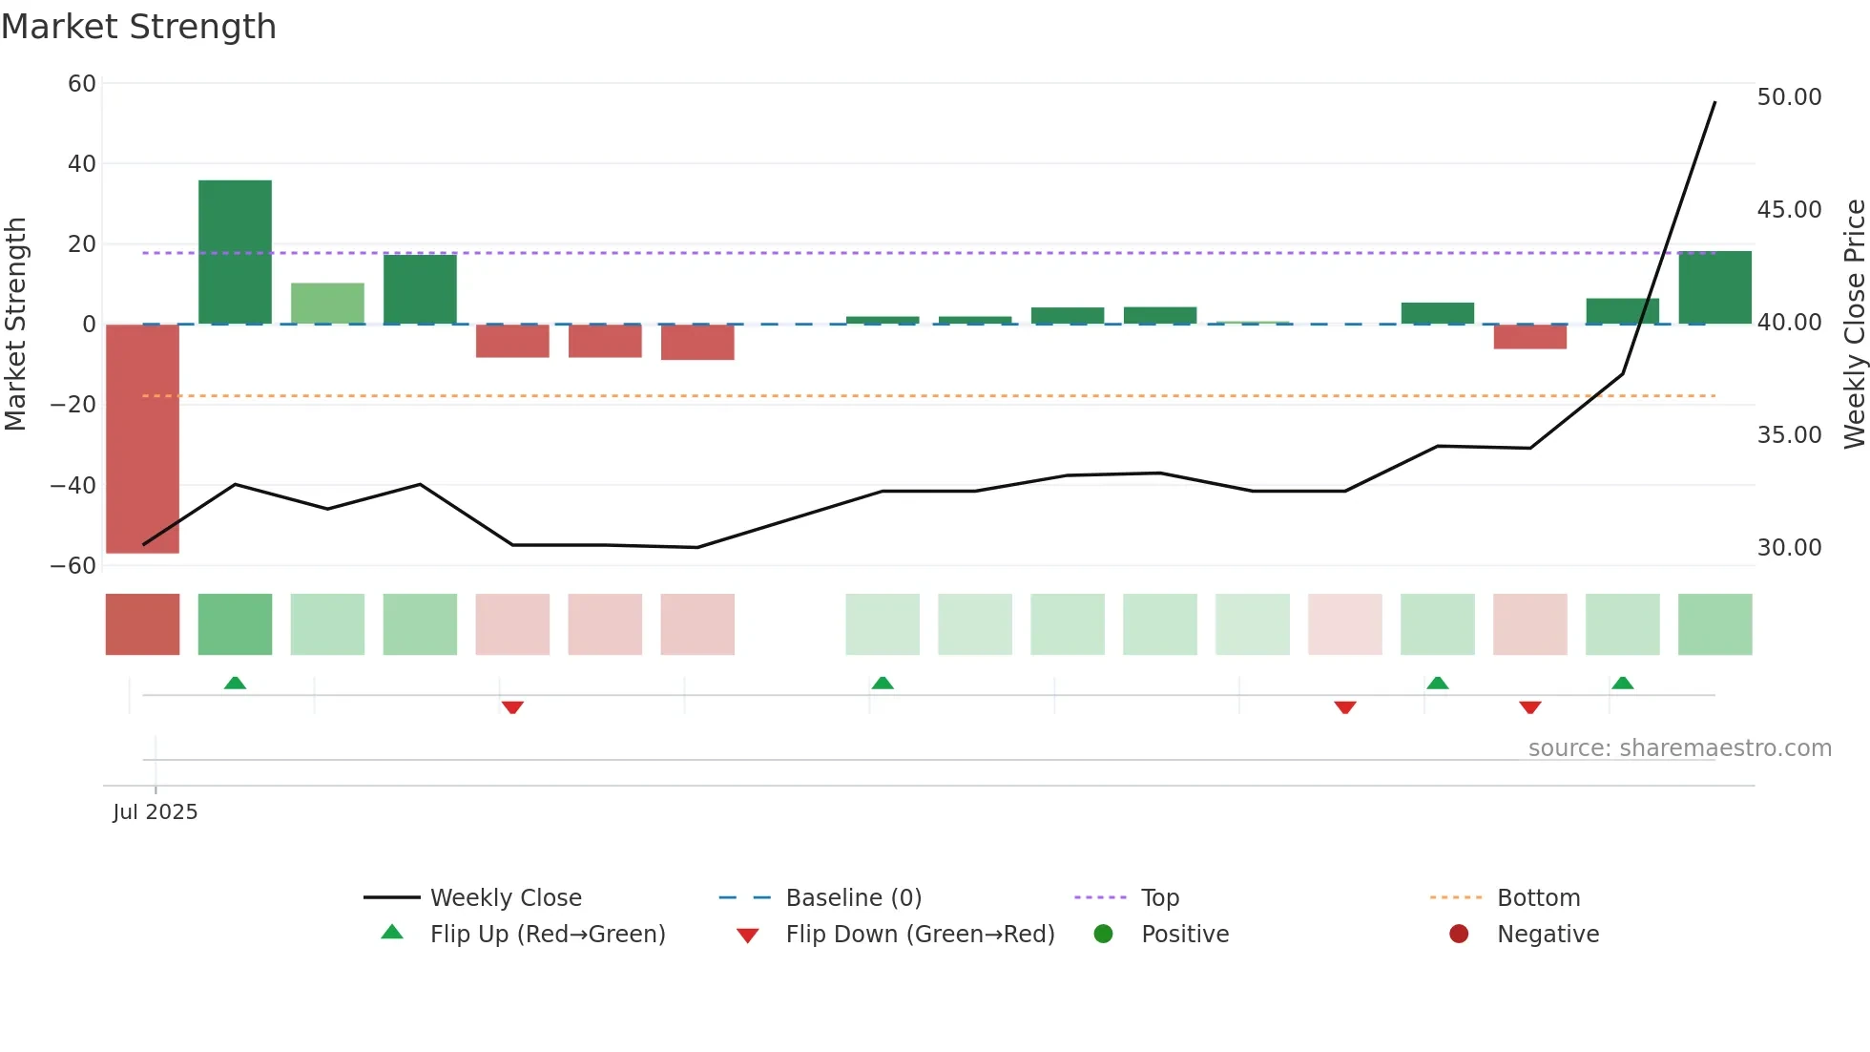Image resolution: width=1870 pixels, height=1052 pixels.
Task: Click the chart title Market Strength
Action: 138,27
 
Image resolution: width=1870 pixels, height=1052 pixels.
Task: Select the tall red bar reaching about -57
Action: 142,438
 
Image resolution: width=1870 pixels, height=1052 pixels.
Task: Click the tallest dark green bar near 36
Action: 235,252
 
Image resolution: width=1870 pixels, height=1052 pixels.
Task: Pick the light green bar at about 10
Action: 327,304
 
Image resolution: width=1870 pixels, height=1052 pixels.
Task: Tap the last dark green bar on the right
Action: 1714,287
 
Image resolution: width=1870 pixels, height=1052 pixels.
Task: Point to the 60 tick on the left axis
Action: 82,84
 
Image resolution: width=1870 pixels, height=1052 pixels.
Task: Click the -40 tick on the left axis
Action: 74,485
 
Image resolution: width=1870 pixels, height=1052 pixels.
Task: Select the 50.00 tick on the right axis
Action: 1789,97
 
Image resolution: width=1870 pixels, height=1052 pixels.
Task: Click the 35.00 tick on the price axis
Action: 1789,435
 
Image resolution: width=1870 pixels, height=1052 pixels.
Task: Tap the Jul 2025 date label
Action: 156,812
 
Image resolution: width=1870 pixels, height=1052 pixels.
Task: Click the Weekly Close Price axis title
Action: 1854,324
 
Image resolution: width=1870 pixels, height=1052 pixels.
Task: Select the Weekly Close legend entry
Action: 505,898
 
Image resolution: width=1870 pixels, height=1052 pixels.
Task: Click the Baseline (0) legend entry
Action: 853,898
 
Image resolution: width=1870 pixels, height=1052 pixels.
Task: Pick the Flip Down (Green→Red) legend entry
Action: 919,935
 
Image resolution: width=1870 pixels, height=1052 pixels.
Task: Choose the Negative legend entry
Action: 1547,935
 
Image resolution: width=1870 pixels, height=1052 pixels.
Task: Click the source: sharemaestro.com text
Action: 1679,748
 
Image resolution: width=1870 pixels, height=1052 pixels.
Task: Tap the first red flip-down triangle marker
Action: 512,707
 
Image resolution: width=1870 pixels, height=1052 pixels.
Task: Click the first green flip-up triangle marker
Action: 235,683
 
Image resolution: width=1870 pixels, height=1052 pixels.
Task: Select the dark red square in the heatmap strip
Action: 142,624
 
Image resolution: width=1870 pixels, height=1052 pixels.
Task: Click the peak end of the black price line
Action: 1714,102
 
